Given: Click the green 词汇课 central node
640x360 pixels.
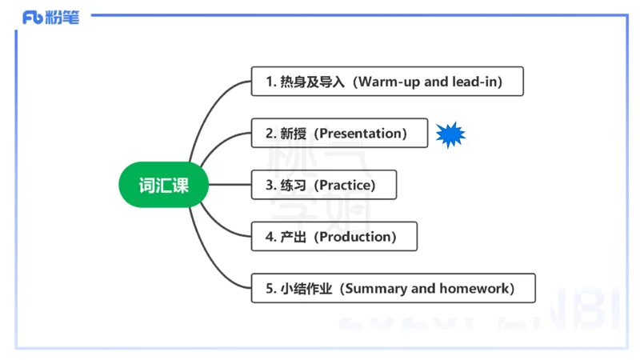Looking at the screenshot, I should pos(164,185).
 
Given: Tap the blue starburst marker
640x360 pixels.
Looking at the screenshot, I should pos(450,134).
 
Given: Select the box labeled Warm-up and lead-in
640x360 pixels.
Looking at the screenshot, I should pos(387,82).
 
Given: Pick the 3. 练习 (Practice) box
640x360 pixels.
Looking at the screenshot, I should pos(323,185).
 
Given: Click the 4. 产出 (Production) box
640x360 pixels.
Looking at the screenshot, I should pos(334,237).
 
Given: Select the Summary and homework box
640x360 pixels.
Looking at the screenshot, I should pos(393,288).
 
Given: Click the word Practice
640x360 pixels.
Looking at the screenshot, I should pos(344,185).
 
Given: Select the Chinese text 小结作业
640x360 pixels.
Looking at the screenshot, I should pos(306,288).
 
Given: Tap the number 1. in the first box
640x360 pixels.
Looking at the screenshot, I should pos(270,82).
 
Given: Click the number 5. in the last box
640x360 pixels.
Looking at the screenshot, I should pos(270,288).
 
